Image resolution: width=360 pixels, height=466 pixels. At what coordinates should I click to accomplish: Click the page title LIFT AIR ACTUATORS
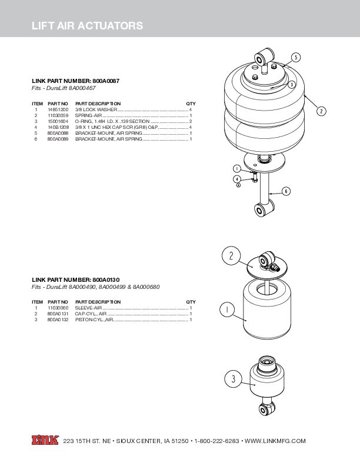87,26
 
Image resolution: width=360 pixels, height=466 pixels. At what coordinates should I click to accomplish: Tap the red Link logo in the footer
45,440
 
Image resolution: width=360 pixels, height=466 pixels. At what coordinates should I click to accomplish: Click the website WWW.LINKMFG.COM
275,441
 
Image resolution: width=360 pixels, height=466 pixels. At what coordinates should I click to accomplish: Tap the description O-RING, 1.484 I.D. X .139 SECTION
112,121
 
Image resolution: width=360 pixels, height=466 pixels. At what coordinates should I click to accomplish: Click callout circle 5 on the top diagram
295,57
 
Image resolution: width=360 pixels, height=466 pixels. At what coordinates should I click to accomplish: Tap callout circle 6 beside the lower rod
286,191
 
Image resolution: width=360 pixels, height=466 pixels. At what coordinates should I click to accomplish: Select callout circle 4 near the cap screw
237,179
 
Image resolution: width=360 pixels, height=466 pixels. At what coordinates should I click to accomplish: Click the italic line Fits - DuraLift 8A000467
67,87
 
